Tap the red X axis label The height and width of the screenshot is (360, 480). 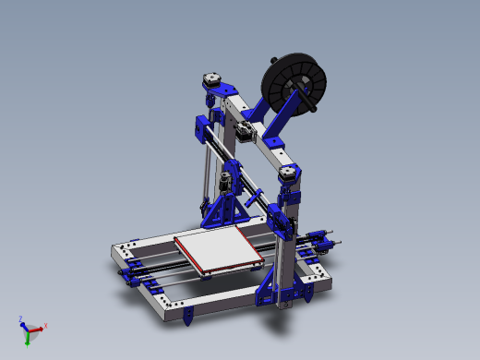(46, 325)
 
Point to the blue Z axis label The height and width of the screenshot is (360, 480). (20, 318)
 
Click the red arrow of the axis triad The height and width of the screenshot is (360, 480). (40, 328)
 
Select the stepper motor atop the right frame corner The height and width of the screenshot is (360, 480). (288, 173)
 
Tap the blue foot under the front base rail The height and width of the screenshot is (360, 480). (189, 317)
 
